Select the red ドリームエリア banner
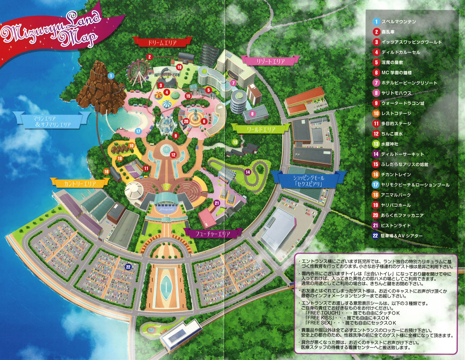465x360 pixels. pos(162,42)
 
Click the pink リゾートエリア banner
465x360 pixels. pos(271,61)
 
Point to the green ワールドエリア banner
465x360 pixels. pos(261,129)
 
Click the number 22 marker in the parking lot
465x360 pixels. pos(128,267)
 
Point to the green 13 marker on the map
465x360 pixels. pos(235,142)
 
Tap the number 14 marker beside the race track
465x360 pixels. pos(248,172)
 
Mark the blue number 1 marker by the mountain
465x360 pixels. pos(111,76)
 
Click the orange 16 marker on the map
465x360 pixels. pos(106,172)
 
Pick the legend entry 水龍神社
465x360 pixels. pos(389,144)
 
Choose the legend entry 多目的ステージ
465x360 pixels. pos(396,124)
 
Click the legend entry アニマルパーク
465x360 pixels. pos(396,195)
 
